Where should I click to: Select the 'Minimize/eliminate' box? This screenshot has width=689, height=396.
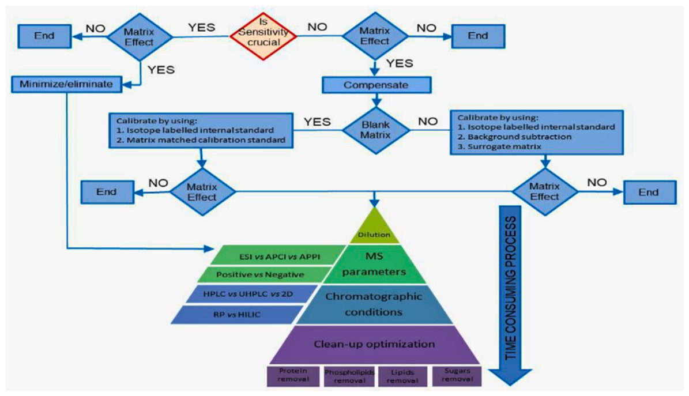(66, 84)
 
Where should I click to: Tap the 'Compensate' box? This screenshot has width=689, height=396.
(376, 85)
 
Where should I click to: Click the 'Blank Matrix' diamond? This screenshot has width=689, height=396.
(376, 130)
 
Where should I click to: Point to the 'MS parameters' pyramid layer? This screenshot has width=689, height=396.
(374, 263)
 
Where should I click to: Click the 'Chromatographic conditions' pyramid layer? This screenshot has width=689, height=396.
(374, 304)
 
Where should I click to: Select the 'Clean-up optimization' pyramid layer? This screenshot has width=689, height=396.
(374, 344)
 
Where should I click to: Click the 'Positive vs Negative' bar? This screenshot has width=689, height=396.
(260, 275)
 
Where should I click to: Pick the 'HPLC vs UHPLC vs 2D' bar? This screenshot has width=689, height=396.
(248, 294)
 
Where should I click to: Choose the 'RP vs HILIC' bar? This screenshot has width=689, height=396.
(237, 315)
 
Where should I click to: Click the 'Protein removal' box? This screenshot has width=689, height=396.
(293, 376)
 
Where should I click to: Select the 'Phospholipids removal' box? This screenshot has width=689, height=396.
(349, 376)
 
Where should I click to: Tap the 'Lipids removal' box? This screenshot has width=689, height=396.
(402, 376)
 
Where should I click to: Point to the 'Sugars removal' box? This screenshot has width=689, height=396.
(457, 375)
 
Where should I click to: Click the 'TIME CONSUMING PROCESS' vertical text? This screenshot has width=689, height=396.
(510, 288)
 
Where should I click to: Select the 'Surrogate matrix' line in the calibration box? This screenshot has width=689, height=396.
(500, 146)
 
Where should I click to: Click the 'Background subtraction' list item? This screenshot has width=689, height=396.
(514, 137)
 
